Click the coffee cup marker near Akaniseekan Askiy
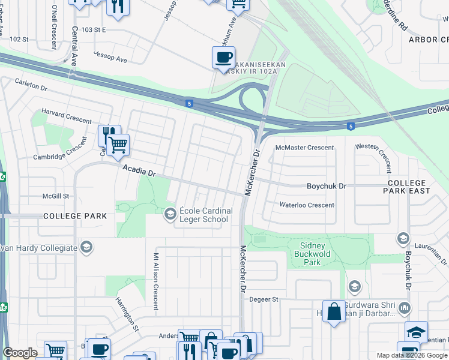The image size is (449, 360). coord(223,58)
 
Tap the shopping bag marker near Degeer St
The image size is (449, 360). coord(334,311)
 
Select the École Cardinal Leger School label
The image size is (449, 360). coord(202,215)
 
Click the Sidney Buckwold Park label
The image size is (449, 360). coord(312,254)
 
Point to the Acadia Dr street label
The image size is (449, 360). coord(139,171)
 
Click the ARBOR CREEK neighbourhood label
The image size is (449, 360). coord(428,40)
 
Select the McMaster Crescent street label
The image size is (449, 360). coord(304,148)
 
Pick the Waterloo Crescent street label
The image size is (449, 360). coord(307,205)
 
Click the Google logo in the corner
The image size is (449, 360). coord(20,353)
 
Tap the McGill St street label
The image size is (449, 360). coord(56,196)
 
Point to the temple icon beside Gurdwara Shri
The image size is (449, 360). coord(404,308)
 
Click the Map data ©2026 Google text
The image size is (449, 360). coord(412,355)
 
